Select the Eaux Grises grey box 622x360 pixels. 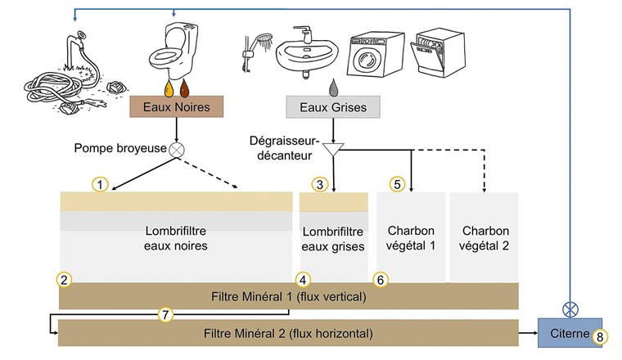(x=331, y=107)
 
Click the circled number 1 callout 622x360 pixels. (x=100, y=185)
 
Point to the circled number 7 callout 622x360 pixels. (x=164, y=314)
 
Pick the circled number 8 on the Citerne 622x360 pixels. (x=602, y=335)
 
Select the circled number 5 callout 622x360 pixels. (x=398, y=185)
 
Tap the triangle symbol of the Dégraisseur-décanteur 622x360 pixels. (x=332, y=150)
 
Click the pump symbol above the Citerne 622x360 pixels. (x=569, y=310)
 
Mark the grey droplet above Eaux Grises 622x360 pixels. (x=332, y=85)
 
